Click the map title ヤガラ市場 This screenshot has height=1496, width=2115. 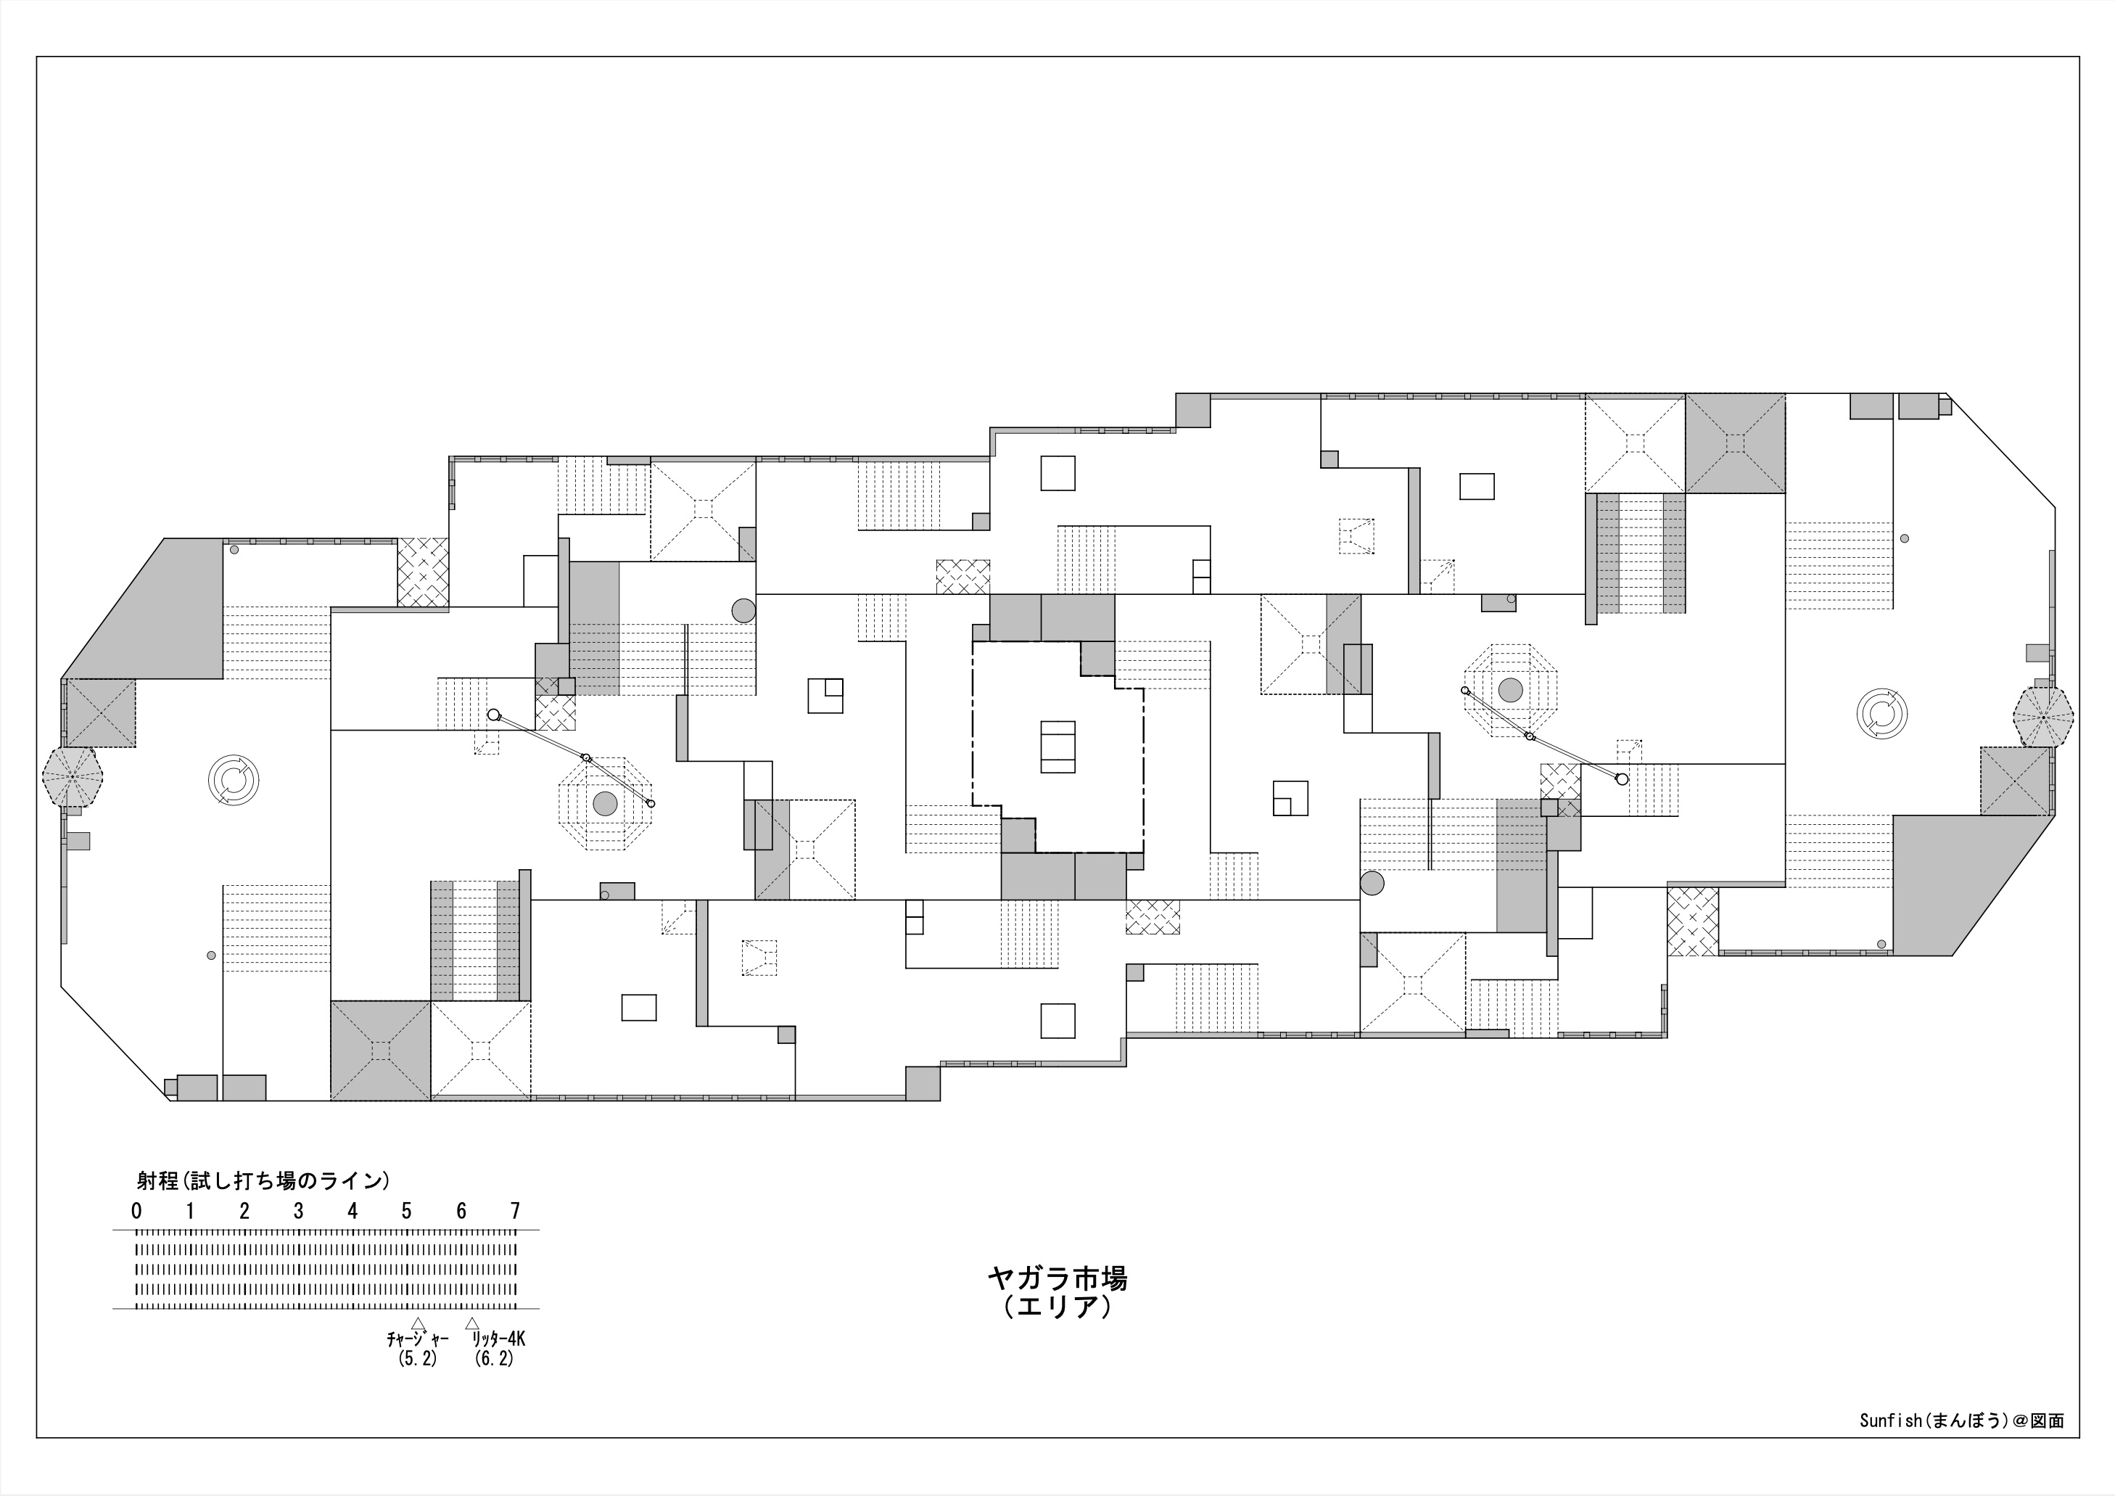pos(1057,1278)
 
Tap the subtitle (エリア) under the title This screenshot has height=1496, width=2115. pos(1057,1307)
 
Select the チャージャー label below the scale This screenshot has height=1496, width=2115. pos(417,1339)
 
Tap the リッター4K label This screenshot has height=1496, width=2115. pos(498,1339)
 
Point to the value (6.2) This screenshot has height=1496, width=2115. pos(494,1359)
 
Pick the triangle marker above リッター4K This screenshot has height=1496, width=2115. pos(473,1323)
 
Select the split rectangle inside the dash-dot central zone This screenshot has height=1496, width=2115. pos(1057,746)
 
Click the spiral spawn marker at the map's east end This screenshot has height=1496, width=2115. pos(1882,714)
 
